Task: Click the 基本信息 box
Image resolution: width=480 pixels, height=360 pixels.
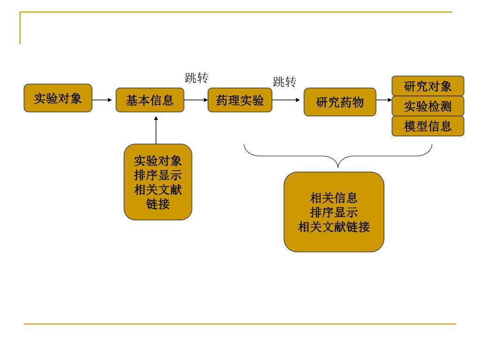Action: coord(150,100)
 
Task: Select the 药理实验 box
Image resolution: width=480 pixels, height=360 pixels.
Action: coord(240,100)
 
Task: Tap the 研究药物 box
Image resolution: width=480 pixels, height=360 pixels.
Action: coord(340,102)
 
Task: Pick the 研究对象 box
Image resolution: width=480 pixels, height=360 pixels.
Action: coord(427,86)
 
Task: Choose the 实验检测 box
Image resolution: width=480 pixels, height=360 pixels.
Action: coord(427,106)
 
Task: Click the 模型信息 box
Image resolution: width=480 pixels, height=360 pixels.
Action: coord(427,126)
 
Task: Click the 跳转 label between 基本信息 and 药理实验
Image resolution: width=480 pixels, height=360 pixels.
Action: coord(196,78)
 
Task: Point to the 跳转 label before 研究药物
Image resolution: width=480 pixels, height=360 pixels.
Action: coord(285,82)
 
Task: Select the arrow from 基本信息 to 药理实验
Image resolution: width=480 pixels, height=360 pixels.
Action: coord(196,100)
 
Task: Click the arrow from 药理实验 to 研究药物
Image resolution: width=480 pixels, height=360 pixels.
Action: coord(286,100)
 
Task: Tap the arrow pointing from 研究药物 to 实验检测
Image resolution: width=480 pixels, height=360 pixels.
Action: coord(384,100)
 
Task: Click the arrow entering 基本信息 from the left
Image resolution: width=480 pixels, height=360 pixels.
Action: coord(104,100)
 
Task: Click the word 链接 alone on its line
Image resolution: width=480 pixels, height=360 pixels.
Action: coord(158,204)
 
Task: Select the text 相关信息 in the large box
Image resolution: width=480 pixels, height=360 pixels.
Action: coord(334,198)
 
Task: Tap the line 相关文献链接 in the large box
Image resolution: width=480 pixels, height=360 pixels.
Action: coord(334,227)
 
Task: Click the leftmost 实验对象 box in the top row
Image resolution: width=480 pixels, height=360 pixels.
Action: coord(58,98)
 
